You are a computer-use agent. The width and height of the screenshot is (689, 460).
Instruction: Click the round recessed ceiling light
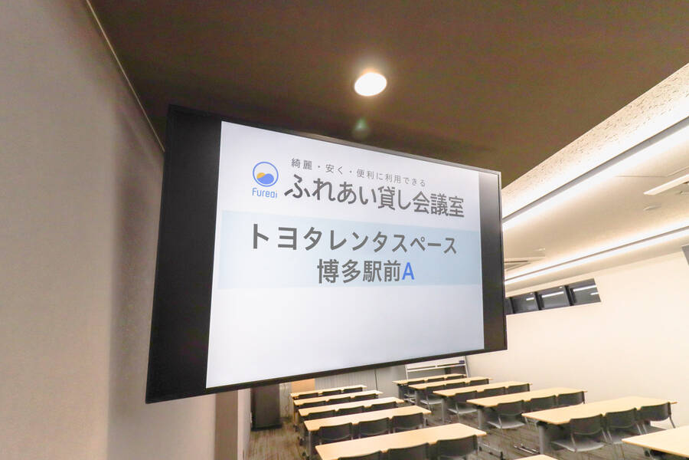[x=370, y=84]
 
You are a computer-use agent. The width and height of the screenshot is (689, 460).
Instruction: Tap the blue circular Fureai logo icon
[x=266, y=174]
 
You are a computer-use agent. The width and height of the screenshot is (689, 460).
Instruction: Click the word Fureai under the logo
[x=265, y=192]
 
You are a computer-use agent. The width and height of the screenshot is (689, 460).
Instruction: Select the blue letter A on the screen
[x=408, y=272]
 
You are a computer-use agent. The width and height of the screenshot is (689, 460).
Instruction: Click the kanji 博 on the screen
[x=328, y=271]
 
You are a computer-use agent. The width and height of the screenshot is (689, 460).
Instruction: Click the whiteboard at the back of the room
[x=437, y=367]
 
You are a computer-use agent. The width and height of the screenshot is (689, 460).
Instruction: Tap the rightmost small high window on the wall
[x=583, y=292]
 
